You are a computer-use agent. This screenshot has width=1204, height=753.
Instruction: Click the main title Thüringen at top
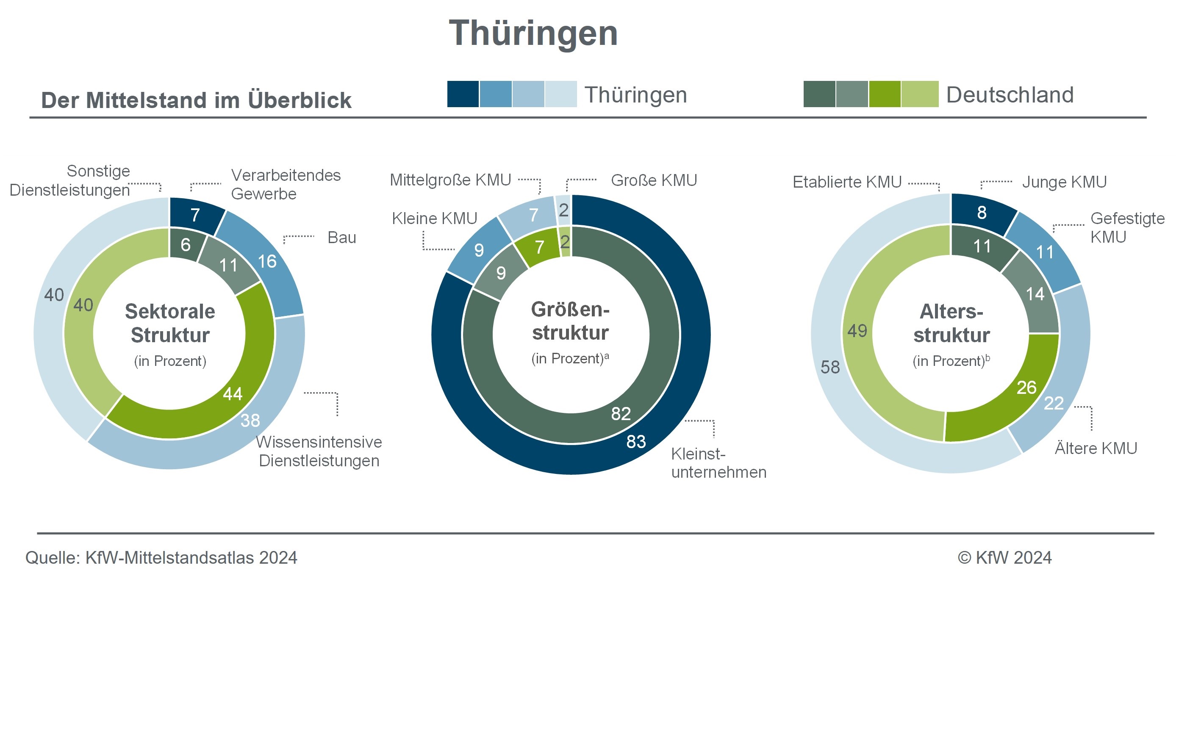point(533,33)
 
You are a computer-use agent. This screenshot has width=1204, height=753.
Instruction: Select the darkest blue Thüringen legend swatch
point(463,94)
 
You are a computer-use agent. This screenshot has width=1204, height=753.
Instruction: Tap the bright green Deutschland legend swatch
point(884,94)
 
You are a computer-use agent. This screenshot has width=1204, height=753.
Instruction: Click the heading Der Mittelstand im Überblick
point(196,100)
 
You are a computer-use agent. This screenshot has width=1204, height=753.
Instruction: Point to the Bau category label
point(342,238)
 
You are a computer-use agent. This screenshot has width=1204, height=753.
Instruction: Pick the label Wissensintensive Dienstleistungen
point(319,451)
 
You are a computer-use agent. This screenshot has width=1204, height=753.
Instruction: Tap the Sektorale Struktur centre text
point(170,323)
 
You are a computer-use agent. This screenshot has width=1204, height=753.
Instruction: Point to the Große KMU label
point(654,180)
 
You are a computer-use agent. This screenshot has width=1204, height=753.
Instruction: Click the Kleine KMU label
point(434,218)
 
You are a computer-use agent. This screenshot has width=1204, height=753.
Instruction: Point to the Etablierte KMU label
point(847,182)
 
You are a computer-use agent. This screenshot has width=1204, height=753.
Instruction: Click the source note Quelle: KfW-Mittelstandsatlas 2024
point(161,558)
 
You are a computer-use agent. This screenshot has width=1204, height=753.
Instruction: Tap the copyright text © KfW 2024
point(1004,558)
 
